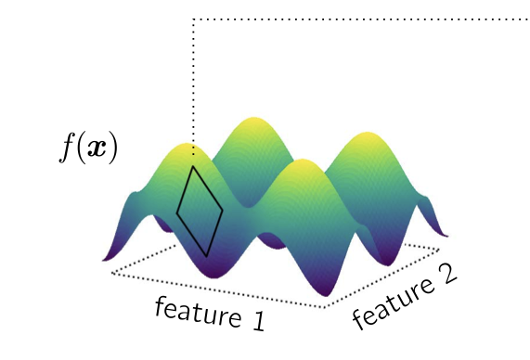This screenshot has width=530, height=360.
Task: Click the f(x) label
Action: [x=88, y=148]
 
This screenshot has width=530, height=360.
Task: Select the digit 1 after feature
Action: [x=255, y=324]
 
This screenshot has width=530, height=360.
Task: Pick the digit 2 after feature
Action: [x=444, y=276]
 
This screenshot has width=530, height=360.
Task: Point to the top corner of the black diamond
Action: [x=192, y=167]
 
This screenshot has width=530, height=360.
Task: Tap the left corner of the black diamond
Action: [x=177, y=213]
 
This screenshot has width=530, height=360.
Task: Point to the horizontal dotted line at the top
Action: [x=362, y=19]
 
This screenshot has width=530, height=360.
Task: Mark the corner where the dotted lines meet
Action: [x=192, y=19]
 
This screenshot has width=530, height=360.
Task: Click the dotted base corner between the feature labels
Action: [x=325, y=307]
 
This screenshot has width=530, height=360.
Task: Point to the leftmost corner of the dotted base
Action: [x=111, y=273]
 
